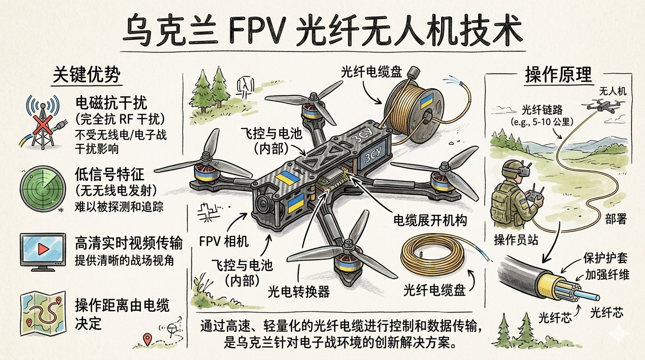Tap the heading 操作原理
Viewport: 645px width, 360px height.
pos(558,75)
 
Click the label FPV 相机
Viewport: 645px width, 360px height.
pos(224,242)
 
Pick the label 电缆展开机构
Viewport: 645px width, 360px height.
pos(429,220)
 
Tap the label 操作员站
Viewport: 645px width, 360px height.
pos(516,240)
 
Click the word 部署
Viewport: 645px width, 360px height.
pos(615,219)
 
